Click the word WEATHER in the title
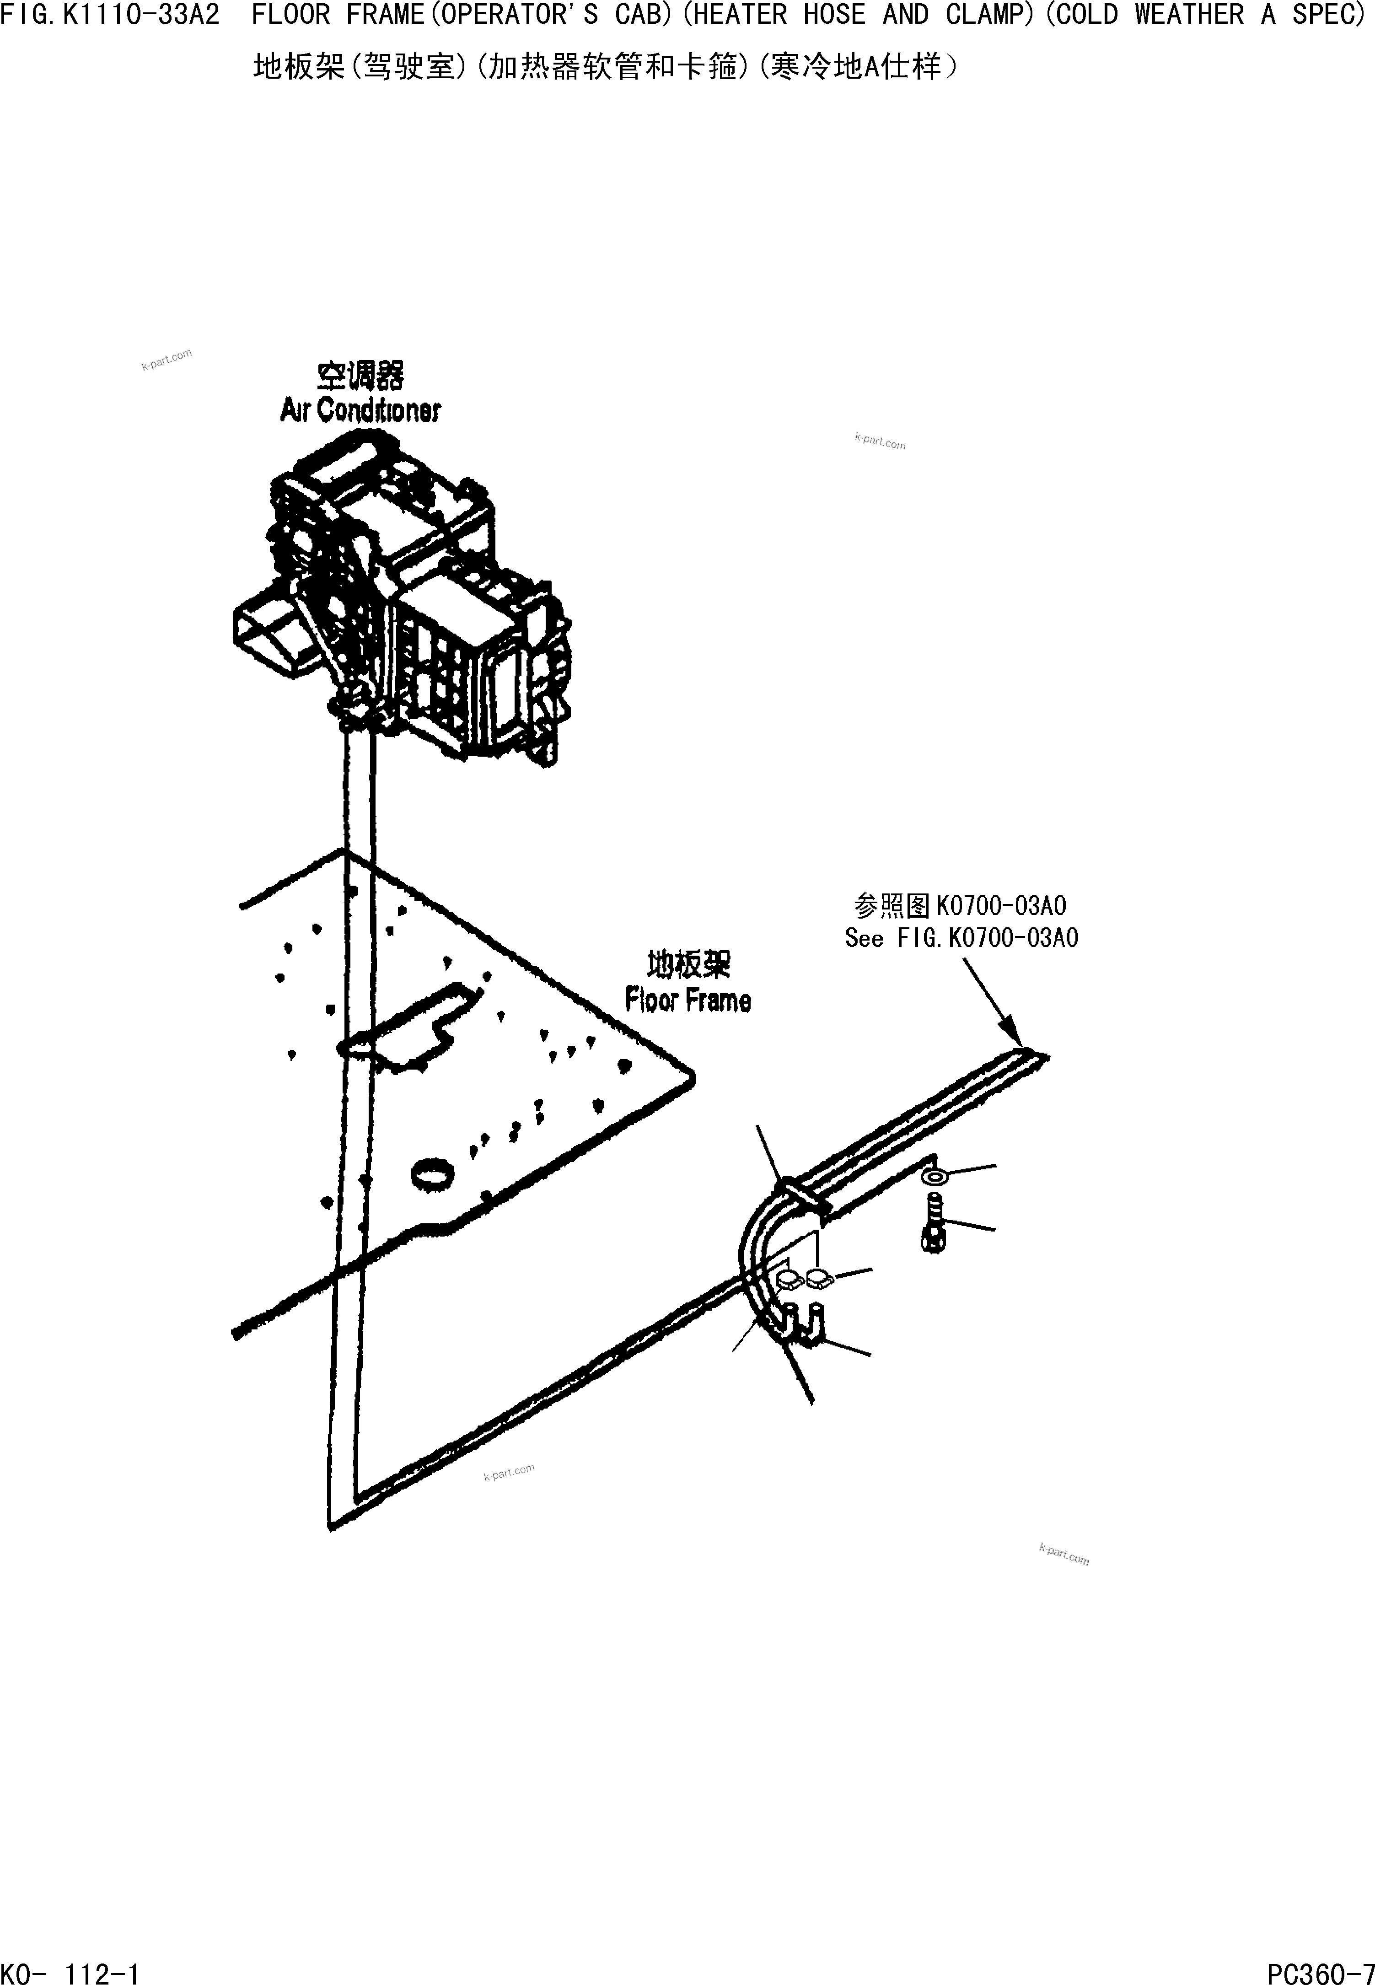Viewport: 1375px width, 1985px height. [1189, 16]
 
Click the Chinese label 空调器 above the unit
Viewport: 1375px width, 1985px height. [360, 376]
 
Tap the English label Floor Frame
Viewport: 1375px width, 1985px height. [687, 1000]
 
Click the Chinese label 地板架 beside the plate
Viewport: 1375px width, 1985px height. [687, 965]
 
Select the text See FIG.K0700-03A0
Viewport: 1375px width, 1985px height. [961, 938]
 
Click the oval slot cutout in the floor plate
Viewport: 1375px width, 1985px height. [405, 1029]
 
